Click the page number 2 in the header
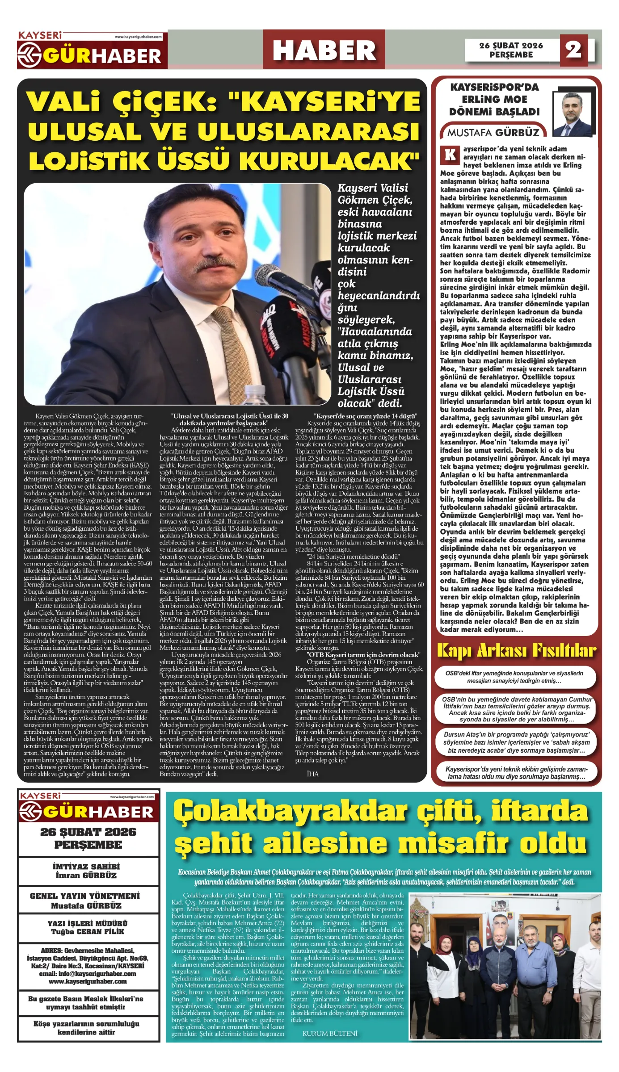[573, 50]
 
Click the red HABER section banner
[324, 50]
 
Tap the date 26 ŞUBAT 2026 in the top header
[511, 46]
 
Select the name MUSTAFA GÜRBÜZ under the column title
[493, 133]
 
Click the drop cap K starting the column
[450, 155]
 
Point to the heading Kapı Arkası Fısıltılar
[516, 651]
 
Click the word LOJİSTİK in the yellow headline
[88, 161]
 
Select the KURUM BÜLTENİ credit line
[330, 1034]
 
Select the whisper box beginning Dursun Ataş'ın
[516, 742]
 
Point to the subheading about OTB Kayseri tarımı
[363, 655]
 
